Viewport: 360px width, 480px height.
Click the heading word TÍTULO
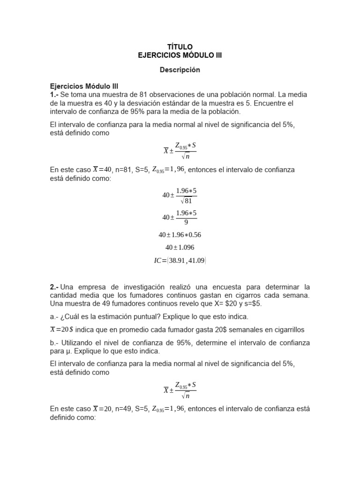[180, 47]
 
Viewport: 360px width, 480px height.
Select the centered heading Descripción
[180, 70]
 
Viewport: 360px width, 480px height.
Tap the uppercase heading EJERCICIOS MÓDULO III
[180, 55]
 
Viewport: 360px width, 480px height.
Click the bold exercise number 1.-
[55, 95]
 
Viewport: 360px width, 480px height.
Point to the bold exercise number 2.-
[55, 287]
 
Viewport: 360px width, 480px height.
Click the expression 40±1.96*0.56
[180, 235]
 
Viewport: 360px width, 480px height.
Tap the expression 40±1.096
[180, 247]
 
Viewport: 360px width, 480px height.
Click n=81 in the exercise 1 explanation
[126, 170]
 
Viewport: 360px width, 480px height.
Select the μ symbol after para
[67, 351]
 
